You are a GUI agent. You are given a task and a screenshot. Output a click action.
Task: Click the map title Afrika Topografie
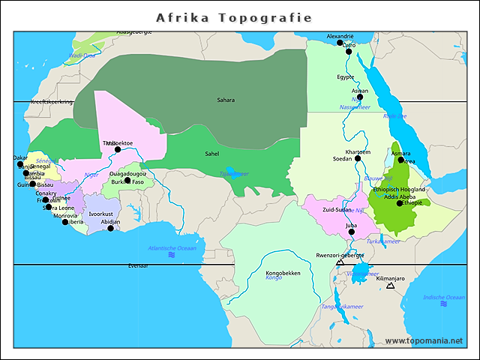pyautogui.click(x=233, y=16)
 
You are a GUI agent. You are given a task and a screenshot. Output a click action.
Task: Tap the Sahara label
pyautogui.click(x=226, y=100)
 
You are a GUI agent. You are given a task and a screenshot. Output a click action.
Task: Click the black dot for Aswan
pyautogui.click(x=360, y=97)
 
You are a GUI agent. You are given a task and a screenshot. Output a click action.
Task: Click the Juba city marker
pyautogui.click(x=352, y=232)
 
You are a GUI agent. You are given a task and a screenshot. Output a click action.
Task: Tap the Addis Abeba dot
pyautogui.click(x=400, y=203)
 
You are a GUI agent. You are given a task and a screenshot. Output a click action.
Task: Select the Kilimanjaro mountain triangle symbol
pyautogui.click(x=390, y=286)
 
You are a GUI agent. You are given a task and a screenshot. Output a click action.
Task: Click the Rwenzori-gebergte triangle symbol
pyautogui.click(x=340, y=262)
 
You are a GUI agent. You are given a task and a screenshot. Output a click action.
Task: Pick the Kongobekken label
pyautogui.click(x=283, y=273)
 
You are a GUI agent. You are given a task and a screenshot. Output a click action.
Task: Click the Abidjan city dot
pyautogui.click(x=111, y=229)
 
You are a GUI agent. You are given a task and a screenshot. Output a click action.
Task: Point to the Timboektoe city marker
pyautogui.click(x=118, y=149)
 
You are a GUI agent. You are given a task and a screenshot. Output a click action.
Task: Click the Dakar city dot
pyautogui.click(x=21, y=164)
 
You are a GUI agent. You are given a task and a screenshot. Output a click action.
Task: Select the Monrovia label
pyautogui.click(x=64, y=215)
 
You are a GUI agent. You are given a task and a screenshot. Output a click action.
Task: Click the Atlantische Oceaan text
pyautogui.click(x=172, y=248)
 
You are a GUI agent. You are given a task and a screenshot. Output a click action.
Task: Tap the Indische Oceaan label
pyautogui.click(x=444, y=298)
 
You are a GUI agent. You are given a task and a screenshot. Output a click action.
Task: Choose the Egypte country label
pyautogui.click(x=345, y=76)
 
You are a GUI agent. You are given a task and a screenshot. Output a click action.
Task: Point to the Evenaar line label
pyautogui.click(x=138, y=265)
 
